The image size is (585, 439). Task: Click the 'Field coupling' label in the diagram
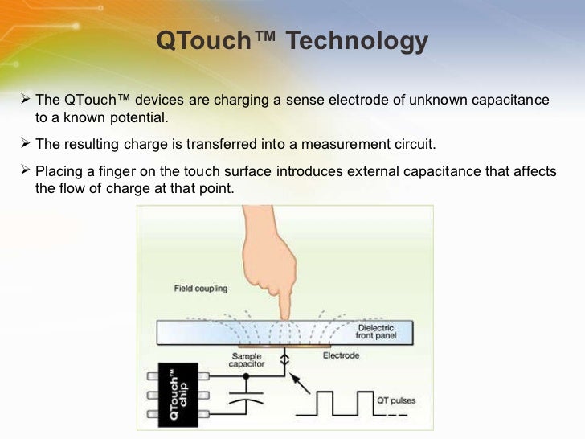200,287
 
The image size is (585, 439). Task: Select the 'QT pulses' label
396,400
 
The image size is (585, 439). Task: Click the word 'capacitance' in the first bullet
511,101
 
